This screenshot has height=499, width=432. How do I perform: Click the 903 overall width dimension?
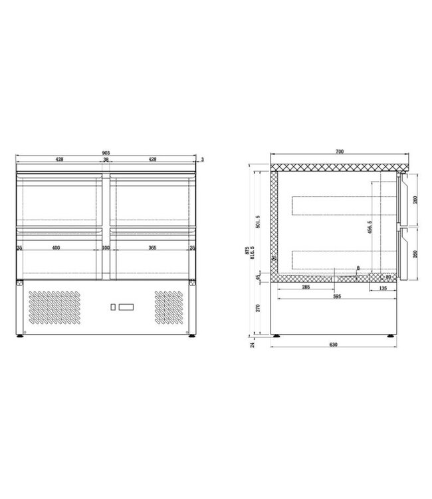pos(106,154)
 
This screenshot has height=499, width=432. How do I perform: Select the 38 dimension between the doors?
pos(106,160)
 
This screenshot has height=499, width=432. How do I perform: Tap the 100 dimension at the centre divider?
pos(106,248)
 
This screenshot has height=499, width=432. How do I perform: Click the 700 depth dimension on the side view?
pos(339,152)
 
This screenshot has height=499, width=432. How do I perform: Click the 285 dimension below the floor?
pos(305,288)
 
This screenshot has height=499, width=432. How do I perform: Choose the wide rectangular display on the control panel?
pos(127,307)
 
